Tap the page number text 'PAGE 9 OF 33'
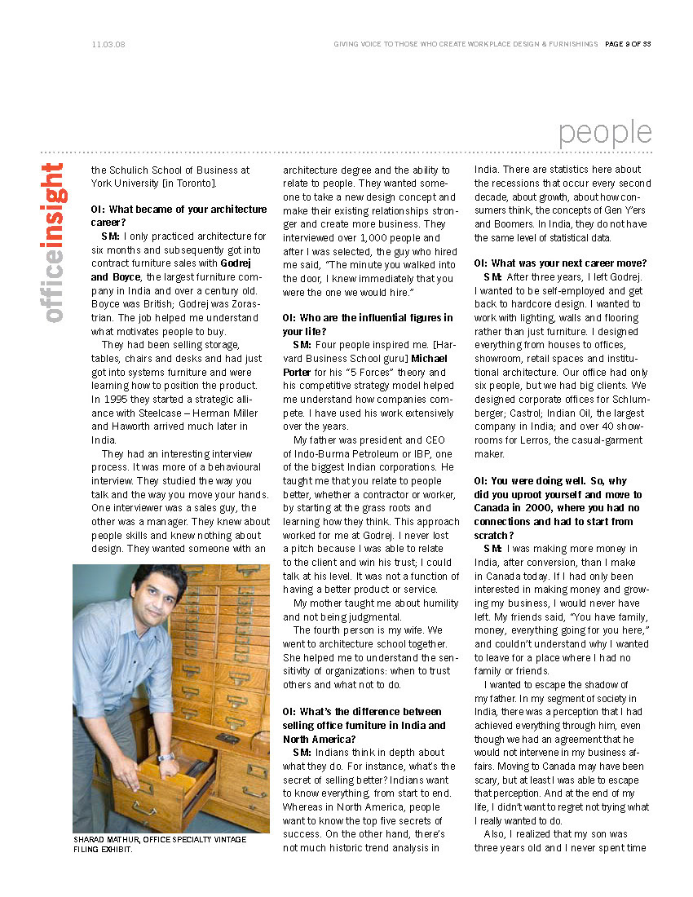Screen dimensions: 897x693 [628, 44]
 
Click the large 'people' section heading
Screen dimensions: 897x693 [605, 132]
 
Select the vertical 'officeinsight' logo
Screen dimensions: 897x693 [53, 242]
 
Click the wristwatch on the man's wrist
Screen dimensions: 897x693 [166, 757]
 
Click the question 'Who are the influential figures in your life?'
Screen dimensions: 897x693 [368, 325]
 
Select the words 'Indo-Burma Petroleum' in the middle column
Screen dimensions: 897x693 [337, 453]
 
